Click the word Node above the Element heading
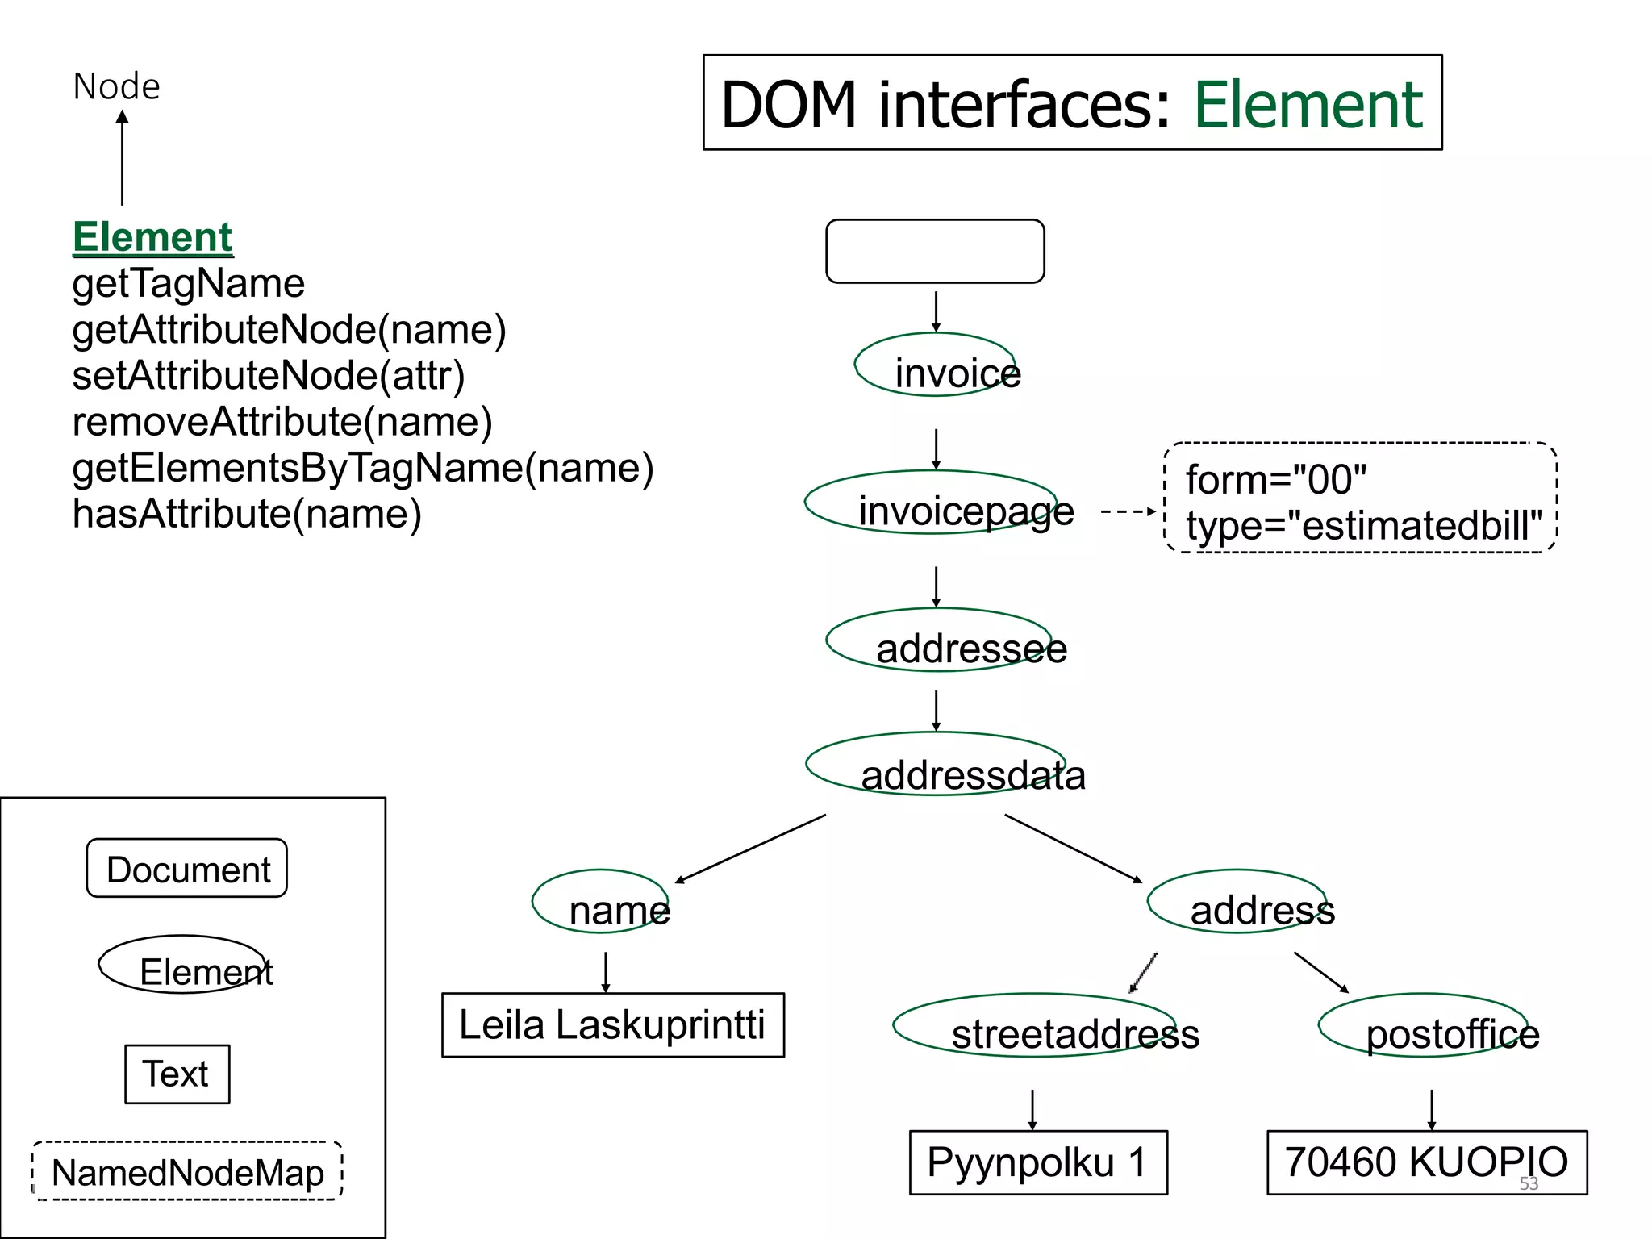[116, 86]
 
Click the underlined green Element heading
[152, 237]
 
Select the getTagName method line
[188, 283]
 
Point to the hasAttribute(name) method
[246, 514]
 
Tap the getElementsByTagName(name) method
[362, 468]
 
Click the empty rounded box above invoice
[935, 251]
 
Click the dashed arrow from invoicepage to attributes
[1128, 511]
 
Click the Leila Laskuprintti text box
[612, 1025]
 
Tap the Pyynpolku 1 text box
[1037, 1162]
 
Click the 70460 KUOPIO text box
[1426, 1162]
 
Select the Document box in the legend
[187, 869]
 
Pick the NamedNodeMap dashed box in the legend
[187, 1171]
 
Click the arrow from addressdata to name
[750, 849]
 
